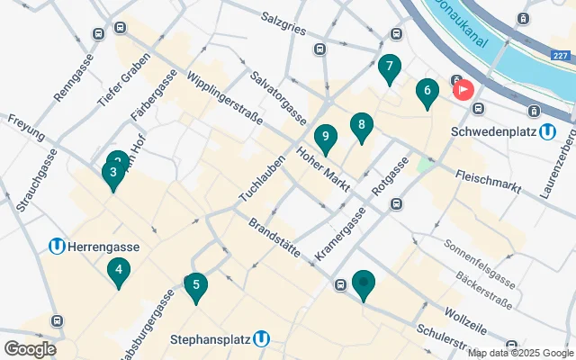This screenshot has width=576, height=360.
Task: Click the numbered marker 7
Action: point(389,67)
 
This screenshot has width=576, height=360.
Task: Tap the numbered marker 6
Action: point(427,90)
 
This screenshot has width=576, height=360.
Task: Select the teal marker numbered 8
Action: point(361,126)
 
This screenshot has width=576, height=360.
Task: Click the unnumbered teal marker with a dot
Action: point(364,284)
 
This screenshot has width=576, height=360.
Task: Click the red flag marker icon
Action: point(464,90)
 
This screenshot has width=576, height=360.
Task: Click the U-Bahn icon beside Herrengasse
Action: point(57,245)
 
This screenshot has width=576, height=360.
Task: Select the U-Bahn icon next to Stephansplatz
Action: point(262,339)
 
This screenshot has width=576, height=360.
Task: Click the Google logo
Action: point(30,348)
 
